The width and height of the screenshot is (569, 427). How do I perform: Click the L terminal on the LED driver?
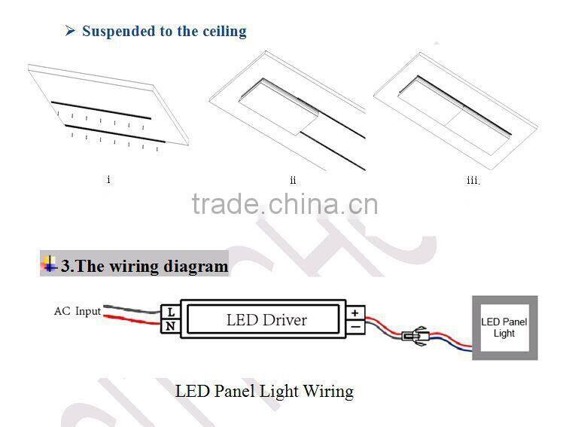coord(171,311)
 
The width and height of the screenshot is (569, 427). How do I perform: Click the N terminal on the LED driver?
coord(171,326)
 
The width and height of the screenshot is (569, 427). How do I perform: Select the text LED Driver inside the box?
coord(266,319)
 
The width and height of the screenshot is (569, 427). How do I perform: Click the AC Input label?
coord(77,311)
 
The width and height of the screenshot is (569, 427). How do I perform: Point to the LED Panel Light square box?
coord(504,328)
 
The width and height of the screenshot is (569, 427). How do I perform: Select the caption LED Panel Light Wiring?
coord(264,391)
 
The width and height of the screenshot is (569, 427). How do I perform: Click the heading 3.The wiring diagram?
coord(144,266)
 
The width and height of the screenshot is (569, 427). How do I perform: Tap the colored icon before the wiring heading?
coord(50,264)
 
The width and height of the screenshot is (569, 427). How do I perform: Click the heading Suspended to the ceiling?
coord(164,32)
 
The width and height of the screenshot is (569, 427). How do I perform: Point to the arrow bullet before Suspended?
coord(71,32)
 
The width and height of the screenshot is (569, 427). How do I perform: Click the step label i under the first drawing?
coord(109,179)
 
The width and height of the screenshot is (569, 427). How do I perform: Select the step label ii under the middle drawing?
coord(293,180)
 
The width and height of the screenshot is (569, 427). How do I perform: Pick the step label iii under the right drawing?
coord(472,180)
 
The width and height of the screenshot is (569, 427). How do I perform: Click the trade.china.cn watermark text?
coord(284,204)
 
